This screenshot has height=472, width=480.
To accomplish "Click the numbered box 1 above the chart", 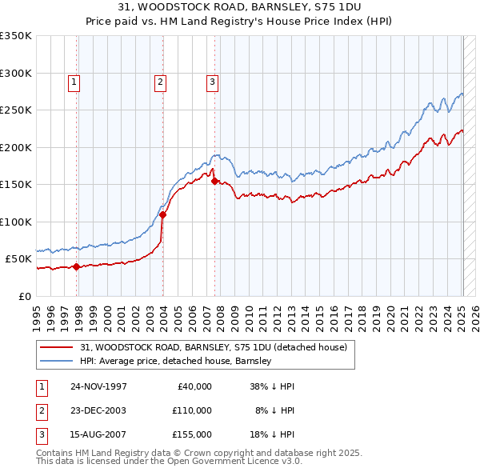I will (74, 81).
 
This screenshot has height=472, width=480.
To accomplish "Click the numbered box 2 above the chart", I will (160, 81).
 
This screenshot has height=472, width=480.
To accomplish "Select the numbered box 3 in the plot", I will (212, 81).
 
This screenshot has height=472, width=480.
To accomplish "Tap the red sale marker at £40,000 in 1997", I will (77, 267).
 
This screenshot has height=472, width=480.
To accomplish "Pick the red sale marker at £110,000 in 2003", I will (162, 214).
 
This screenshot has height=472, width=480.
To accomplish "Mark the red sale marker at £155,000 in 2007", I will (214, 181).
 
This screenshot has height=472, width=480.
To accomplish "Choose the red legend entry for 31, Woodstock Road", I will (213, 347).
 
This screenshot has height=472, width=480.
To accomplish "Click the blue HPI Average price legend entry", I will (176, 362).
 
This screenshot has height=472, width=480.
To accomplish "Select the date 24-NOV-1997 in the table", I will (98, 386).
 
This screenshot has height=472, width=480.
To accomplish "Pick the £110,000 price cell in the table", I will (191, 410).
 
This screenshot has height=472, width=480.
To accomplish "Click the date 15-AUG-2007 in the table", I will (98, 434).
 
